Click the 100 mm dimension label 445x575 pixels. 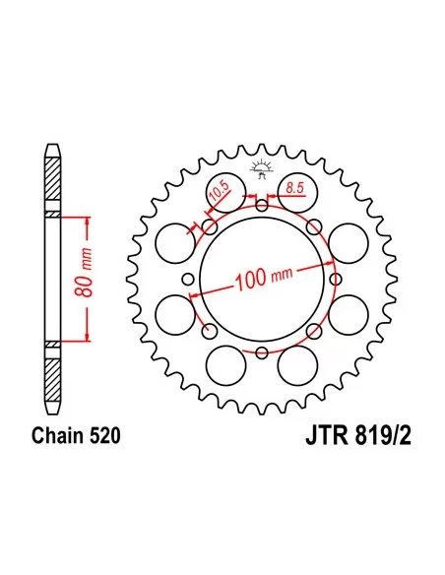[x=264, y=279]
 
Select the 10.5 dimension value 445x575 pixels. [x=219, y=191]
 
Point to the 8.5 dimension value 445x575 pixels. [x=294, y=188]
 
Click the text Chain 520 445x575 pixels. [x=76, y=435]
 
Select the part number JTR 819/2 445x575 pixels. [x=358, y=436]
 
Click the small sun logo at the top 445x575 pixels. [x=261, y=168]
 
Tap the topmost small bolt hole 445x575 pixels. [x=262, y=206]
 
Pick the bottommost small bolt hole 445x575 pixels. [x=262, y=352]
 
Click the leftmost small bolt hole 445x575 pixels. [x=188, y=279]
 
